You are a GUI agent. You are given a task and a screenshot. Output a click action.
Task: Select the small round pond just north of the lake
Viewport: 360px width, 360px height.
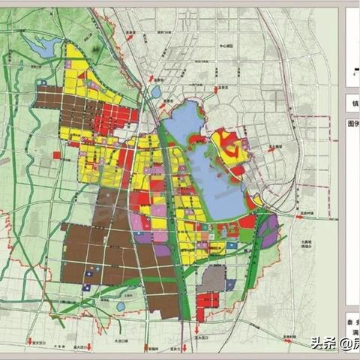pos(156,91)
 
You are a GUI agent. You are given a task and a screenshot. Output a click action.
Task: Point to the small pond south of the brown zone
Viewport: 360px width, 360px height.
pos(120,306)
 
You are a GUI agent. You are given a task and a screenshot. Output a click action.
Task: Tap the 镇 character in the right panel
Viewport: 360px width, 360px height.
pos(353,102)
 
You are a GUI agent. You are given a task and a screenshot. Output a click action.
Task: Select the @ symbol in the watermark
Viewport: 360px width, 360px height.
pos(343,343)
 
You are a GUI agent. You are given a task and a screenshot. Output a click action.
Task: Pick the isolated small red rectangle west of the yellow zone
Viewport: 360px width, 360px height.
pos(57,154)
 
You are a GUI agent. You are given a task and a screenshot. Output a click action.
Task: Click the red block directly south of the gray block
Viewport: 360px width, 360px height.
pos(209,301)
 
